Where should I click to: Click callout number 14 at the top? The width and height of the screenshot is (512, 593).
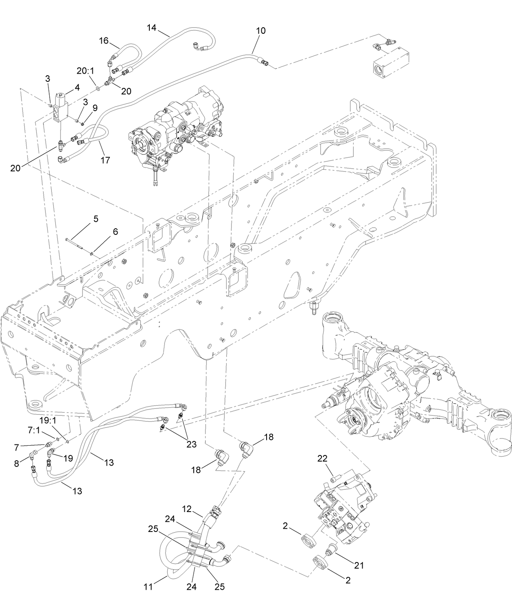point(151,28)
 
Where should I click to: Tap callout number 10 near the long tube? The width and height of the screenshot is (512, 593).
point(260,31)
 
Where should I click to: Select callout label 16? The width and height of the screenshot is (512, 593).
point(104,40)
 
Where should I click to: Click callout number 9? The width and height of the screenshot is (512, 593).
point(95,108)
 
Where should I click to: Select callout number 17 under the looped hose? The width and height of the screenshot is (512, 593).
point(105,160)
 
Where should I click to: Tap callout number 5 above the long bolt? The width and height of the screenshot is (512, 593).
point(96,219)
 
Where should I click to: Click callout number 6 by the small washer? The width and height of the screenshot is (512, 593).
point(116,232)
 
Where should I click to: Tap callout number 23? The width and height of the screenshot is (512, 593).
point(191,444)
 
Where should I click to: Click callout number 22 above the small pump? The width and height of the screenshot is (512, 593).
point(322,459)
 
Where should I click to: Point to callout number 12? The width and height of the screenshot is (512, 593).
point(186,509)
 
